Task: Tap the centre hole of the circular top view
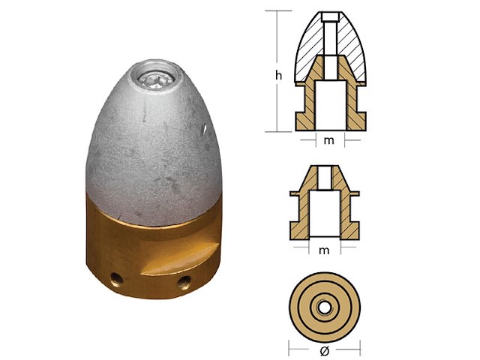point(325,308)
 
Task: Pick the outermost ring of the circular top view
point(296,308)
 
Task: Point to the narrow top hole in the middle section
point(325,178)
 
